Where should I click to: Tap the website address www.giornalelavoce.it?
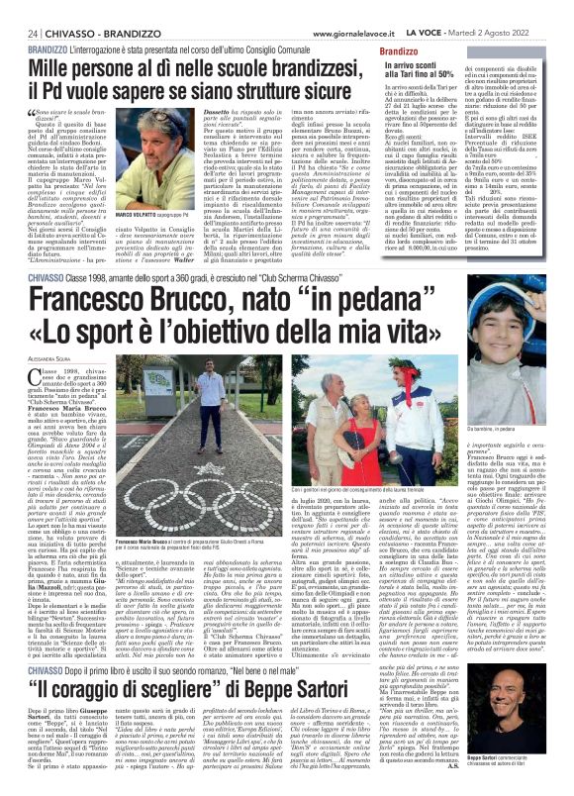point(368,8)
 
